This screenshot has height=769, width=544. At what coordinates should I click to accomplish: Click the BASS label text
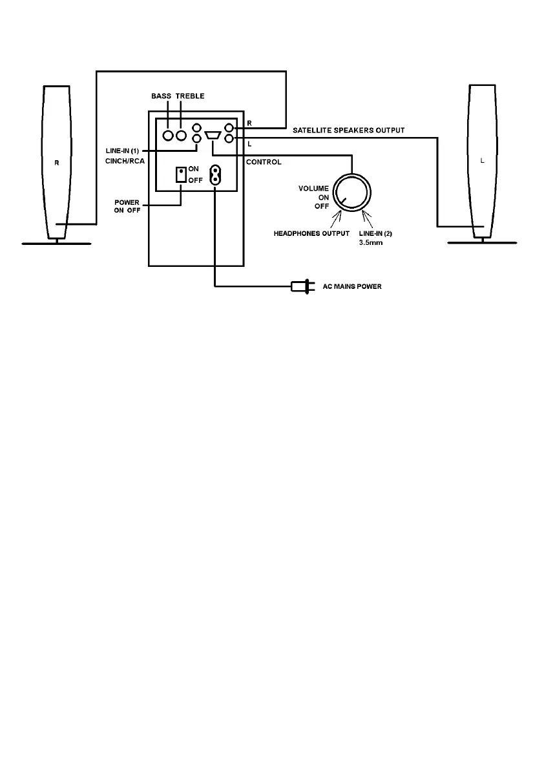(x=162, y=96)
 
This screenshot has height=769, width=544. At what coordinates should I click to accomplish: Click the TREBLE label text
(x=191, y=96)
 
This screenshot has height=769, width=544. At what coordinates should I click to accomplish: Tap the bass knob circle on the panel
(x=168, y=136)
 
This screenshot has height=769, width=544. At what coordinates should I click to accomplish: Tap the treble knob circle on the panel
(x=181, y=136)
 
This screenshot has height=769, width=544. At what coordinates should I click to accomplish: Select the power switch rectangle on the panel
(x=182, y=174)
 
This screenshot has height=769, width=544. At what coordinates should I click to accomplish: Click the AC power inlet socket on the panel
(x=214, y=174)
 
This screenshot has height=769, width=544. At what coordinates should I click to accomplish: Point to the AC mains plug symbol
(x=301, y=286)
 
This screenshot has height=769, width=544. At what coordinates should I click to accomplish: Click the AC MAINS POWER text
(x=352, y=286)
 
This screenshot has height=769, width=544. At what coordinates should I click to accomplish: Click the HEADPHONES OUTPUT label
(x=311, y=233)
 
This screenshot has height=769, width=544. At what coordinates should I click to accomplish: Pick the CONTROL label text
(x=264, y=162)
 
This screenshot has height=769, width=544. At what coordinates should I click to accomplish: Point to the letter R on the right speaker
(x=56, y=163)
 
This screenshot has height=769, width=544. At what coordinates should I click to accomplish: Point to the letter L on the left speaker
(x=482, y=161)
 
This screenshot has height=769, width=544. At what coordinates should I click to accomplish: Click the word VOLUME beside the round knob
(x=313, y=189)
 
